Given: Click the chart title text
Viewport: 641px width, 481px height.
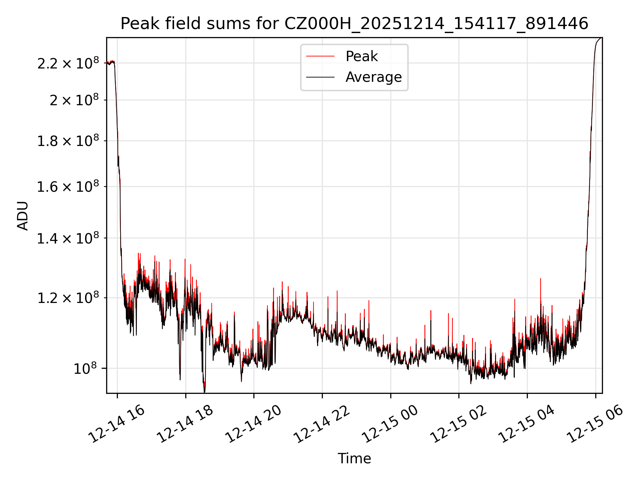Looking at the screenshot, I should [354, 24].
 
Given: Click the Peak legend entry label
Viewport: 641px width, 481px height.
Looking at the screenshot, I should [362, 56].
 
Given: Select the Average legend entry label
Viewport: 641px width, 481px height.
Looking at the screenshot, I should [373, 77].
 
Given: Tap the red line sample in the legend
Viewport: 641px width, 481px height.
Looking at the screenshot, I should [320, 56].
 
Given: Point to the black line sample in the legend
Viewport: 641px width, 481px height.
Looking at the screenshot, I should [320, 77].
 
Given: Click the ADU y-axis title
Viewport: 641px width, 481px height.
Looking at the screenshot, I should [23, 215].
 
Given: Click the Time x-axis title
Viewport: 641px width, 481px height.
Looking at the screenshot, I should [354, 459].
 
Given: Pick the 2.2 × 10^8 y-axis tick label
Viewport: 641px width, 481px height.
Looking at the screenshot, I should [68, 63].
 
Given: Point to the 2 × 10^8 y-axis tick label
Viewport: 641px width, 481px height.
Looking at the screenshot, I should [74, 100].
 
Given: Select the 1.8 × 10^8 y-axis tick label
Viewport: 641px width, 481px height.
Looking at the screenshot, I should [68, 141].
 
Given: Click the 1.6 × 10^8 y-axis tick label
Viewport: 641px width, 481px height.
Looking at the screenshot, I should [68, 187].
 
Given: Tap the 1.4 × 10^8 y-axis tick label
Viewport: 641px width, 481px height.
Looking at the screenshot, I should [68, 238].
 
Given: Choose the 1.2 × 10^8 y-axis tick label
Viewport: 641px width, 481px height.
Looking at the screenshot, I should [68, 298].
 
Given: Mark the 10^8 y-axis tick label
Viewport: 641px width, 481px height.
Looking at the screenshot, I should [85, 368].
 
